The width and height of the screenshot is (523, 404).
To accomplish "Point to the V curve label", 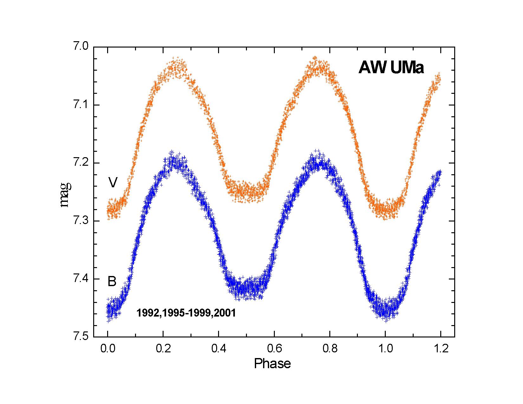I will click(x=113, y=182).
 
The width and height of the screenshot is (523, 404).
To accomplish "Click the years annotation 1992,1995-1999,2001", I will click(x=186, y=313).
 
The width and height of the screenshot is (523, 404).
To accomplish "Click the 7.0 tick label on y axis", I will click(x=81, y=47).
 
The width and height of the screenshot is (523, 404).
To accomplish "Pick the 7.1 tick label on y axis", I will click(x=81, y=105).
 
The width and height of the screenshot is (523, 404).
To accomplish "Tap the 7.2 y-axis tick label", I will click(x=81, y=163).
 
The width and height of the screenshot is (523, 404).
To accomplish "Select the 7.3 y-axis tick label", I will click(x=81, y=221).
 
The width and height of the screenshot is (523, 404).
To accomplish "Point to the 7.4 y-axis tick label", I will click(x=81, y=279).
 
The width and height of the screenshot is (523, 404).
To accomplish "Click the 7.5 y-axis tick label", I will click(x=81, y=337).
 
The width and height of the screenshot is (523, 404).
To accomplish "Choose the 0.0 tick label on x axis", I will click(x=108, y=349).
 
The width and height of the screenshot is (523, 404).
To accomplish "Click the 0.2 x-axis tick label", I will click(x=163, y=349).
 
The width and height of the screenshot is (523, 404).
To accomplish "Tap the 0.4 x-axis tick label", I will click(x=219, y=349).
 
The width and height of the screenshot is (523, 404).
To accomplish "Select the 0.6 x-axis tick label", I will click(x=274, y=349).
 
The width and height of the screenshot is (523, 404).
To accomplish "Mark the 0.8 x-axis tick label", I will click(x=330, y=349).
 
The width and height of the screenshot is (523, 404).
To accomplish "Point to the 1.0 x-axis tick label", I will click(x=385, y=349).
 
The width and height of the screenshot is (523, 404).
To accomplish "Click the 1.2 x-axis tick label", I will click(x=441, y=349).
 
